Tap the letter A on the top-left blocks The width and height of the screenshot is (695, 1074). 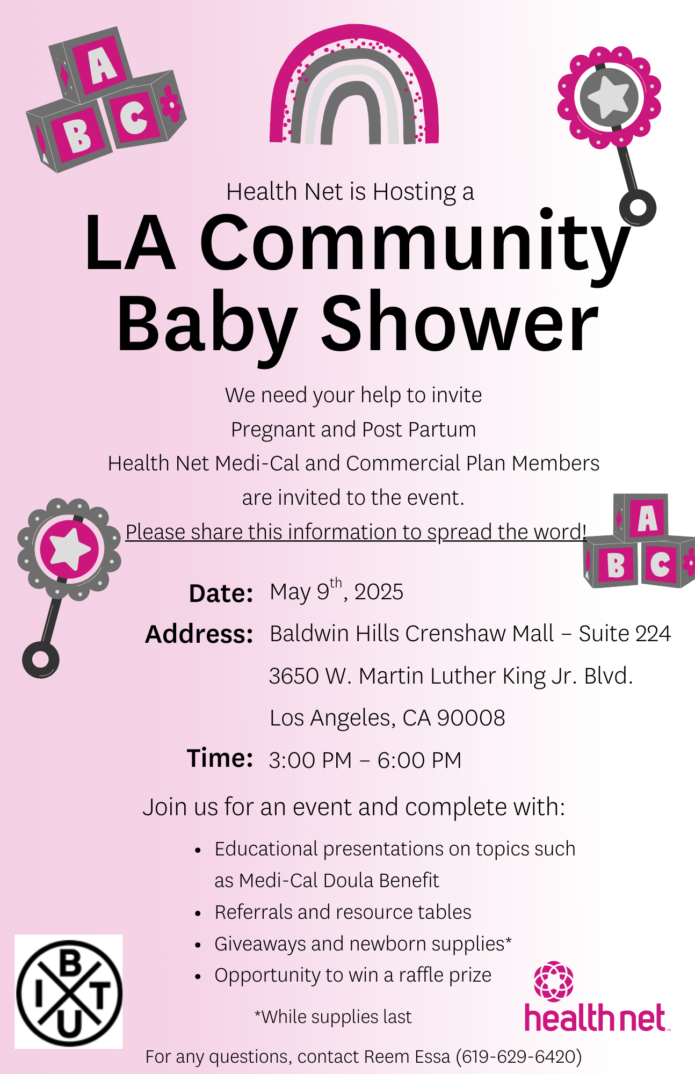(102, 66)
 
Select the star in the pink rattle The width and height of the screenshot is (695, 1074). (609, 97)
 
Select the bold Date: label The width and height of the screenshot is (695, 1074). (221, 593)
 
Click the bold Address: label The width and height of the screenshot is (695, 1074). (199, 634)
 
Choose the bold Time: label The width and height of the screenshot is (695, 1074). (220, 758)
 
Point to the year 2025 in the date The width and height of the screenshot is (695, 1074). (379, 592)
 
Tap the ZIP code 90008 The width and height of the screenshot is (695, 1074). (471, 718)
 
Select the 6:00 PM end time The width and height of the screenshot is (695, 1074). (419, 760)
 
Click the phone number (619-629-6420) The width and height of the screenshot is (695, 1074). (519, 1057)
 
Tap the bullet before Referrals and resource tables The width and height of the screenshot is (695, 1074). (198, 913)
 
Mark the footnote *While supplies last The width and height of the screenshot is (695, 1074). (333, 1017)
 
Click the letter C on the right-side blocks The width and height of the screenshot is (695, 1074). (660, 564)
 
